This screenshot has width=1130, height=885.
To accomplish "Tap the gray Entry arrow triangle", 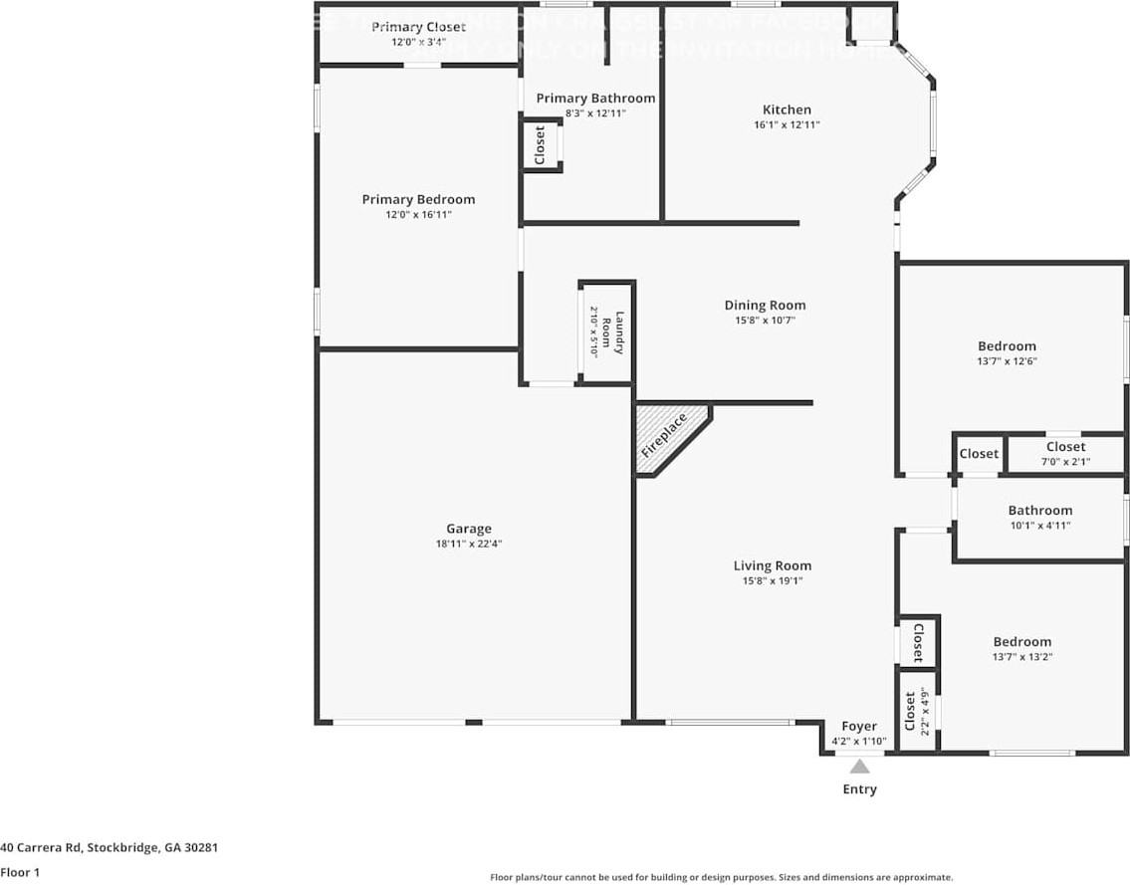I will [860, 767].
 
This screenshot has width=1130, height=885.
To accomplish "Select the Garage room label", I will [468, 529].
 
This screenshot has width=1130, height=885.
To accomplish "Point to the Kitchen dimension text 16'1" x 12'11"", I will [787, 125].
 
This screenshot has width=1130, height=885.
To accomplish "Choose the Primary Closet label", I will [418, 27].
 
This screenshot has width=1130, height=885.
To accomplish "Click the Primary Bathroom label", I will [595, 98].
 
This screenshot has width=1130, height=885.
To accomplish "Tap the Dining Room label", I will [765, 306].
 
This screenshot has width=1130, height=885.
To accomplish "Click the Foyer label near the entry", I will [859, 727].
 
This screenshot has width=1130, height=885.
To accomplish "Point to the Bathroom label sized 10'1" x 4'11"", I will [1039, 511].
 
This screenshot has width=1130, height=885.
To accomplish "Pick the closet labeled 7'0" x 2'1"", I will [1065, 454].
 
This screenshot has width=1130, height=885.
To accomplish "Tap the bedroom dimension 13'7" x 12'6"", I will [1007, 361].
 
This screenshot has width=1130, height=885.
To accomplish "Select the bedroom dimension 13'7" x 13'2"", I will [1021, 657].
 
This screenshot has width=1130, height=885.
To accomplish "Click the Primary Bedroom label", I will [418, 199].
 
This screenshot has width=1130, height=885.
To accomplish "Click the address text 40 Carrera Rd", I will [109, 848].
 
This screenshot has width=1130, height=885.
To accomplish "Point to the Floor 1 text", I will [20, 872].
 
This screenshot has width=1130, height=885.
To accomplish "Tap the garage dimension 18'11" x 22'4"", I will [468, 544].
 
